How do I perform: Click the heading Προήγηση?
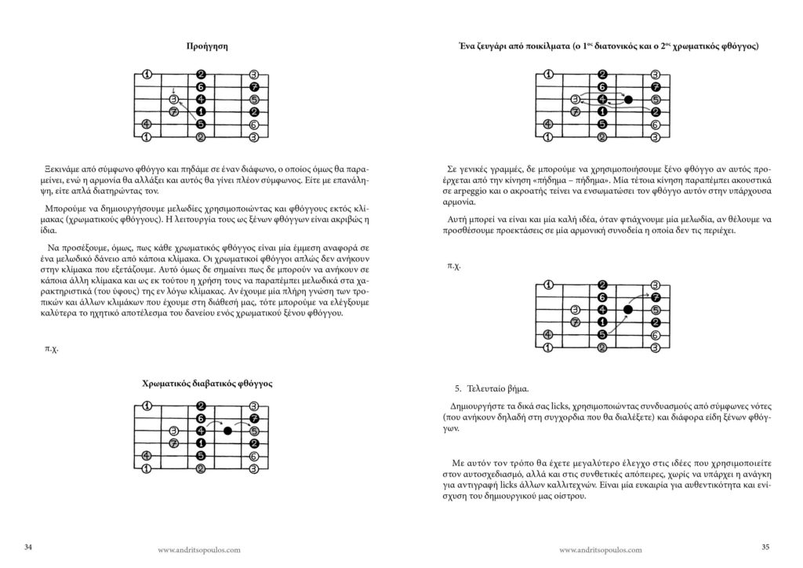tap(201, 46)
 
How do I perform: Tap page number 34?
tap(29, 546)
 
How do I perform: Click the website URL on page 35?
tap(601, 550)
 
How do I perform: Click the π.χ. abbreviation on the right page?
tap(454, 265)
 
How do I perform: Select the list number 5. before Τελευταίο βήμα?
tap(458, 388)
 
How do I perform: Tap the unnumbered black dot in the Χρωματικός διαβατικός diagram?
tap(228, 431)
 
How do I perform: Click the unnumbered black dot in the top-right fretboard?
tap(628, 100)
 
